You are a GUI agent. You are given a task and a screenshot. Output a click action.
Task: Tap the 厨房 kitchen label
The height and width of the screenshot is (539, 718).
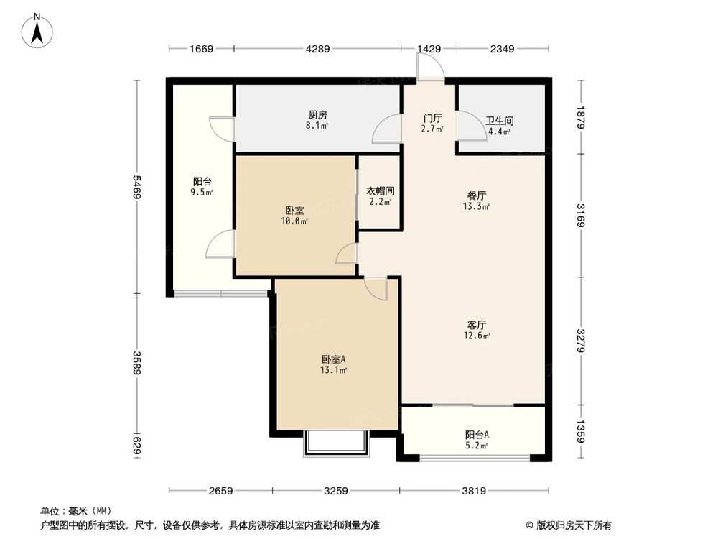[x=318, y=115]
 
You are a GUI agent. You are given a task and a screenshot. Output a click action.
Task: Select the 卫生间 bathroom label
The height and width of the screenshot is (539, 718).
[x=498, y=121]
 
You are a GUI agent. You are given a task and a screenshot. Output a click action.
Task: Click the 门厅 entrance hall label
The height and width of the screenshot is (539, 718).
[x=432, y=119]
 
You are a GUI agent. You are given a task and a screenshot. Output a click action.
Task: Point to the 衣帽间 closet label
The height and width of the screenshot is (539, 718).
[x=379, y=191]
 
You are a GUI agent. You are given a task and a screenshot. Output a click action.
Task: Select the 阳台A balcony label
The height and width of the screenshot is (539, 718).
[x=477, y=435]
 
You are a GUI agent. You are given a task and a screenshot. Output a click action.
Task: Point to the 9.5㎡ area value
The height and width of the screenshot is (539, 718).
[x=202, y=193]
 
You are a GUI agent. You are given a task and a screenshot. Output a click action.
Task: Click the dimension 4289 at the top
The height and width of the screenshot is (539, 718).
[x=317, y=49]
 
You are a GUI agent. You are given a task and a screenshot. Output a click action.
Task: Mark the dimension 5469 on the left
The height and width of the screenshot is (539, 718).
[x=136, y=188]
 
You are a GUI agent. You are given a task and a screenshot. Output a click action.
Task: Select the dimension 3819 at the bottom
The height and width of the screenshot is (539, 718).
[x=474, y=491]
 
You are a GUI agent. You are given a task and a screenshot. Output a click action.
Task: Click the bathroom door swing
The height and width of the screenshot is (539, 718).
[x=470, y=127]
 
